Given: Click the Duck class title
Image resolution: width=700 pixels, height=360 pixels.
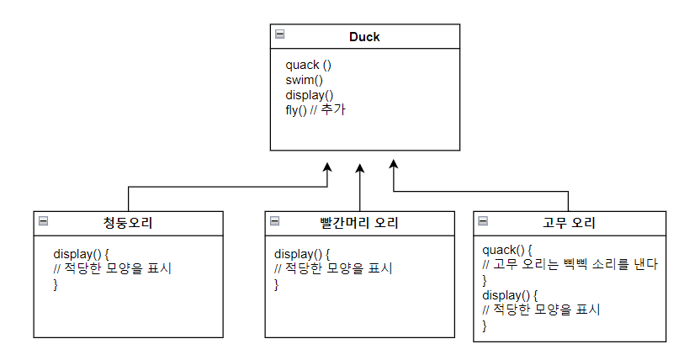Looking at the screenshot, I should [x=365, y=36].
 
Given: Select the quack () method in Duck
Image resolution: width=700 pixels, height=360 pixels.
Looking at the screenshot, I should [x=309, y=65].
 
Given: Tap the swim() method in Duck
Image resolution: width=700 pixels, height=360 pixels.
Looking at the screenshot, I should [x=304, y=80].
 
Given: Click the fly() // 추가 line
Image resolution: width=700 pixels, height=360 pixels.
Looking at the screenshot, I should [x=316, y=110].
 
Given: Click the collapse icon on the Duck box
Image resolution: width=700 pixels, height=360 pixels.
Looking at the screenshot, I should [x=280, y=34].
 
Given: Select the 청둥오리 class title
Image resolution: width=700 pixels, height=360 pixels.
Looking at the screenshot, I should [x=128, y=223].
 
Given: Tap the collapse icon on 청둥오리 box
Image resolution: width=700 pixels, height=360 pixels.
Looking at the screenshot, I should [x=44, y=221].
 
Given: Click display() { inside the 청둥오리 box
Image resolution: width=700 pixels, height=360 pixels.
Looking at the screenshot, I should [x=82, y=253].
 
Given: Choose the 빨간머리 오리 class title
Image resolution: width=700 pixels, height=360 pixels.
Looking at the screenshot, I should [x=359, y=223].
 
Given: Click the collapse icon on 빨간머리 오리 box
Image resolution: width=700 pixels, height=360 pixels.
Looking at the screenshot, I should [x=274, y=221].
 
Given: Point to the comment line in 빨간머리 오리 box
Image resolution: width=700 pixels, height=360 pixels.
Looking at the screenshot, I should [x=333, y=268].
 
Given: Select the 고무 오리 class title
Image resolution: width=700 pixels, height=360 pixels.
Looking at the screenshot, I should [x=569, y=223].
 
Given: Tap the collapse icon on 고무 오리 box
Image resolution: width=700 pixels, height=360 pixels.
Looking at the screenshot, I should [x=483, y=221].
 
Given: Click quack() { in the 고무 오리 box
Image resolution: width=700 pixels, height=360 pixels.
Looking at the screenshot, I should [x=507, y=250].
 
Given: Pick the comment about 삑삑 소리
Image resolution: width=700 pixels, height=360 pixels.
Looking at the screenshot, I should [x=570, y=264].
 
